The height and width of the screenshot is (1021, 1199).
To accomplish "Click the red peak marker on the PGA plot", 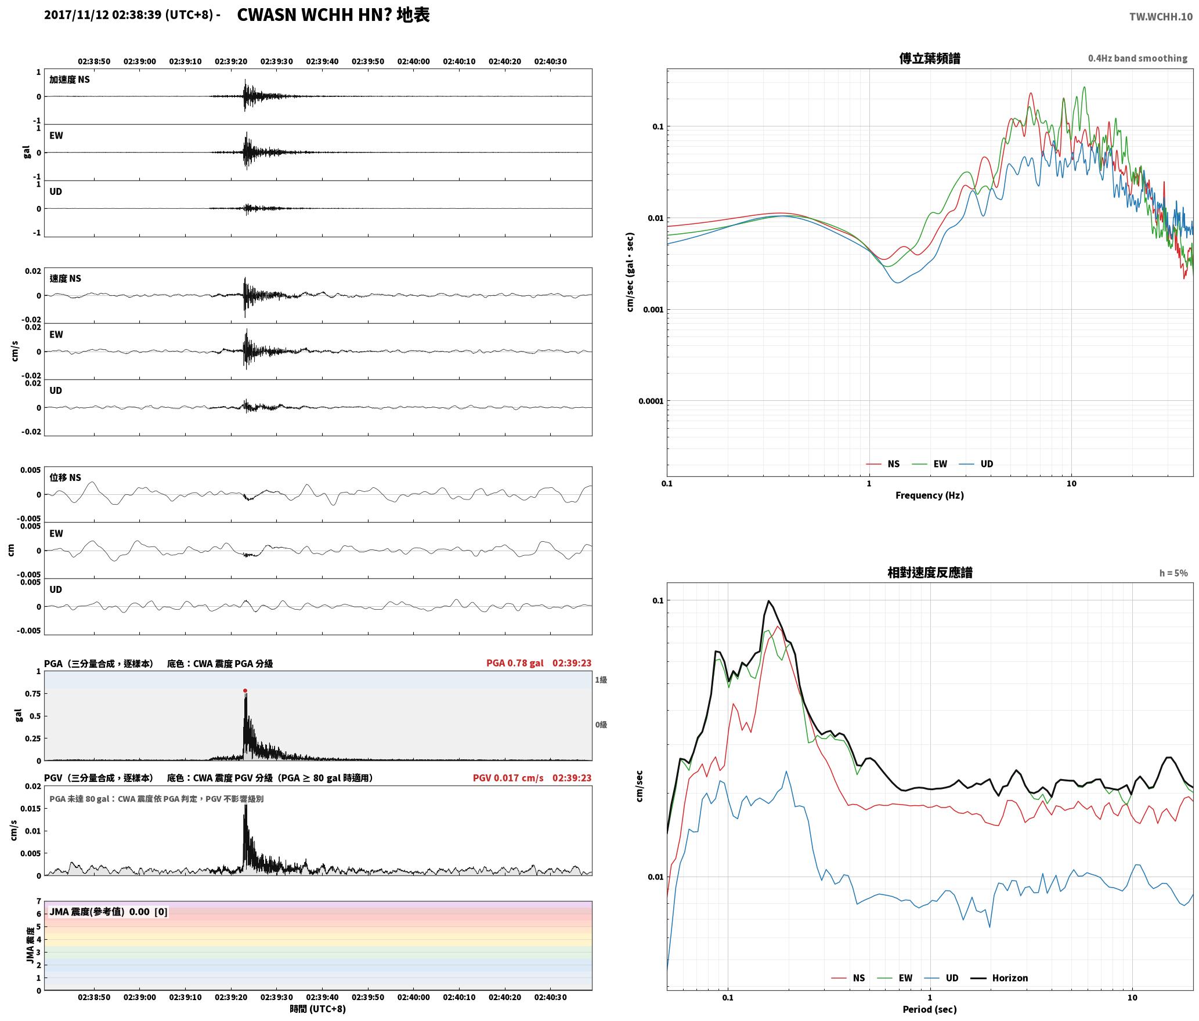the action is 245,691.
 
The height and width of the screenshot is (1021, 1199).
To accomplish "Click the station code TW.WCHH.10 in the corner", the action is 1161,17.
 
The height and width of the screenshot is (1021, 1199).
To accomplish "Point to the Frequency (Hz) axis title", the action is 929,495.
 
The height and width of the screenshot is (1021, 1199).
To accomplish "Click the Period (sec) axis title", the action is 929,1010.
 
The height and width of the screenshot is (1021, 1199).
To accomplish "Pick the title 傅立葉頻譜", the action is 929,59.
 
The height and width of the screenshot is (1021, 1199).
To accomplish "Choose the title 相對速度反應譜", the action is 930,573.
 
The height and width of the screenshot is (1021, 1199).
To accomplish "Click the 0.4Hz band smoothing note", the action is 1137,59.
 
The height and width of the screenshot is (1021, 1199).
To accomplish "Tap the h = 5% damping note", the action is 1173,573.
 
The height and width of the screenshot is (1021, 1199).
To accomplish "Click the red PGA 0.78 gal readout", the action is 515,663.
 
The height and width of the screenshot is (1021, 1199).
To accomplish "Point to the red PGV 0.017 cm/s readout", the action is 508,778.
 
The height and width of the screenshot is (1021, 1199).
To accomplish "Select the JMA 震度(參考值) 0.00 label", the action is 99,912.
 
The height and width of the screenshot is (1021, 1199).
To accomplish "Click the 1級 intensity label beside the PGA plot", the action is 601,680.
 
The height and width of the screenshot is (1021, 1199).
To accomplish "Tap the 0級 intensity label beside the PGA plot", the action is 601,725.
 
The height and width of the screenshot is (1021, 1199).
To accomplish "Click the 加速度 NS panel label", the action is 70,79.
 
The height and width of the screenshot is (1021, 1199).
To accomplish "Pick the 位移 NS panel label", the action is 65,477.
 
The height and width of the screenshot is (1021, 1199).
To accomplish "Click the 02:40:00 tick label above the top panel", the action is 413,61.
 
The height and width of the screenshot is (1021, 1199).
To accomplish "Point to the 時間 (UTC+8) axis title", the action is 318,1009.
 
